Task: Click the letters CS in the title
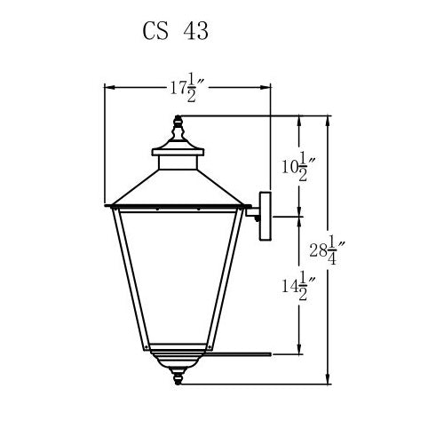pyautogui.click(x=157, y=31)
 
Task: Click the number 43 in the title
pyautogui.click(x=194, y=31)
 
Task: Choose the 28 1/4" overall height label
pyautogui.click(x=329, y=251)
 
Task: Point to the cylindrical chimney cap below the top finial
pyautogui.click(x=178, y=160)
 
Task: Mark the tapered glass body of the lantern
pyautogui.click(x=178, y=275)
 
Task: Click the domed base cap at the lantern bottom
pyautogui.click(x=178, y=359)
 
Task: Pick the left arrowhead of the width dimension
pyautogui.click(x=109, y=86)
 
